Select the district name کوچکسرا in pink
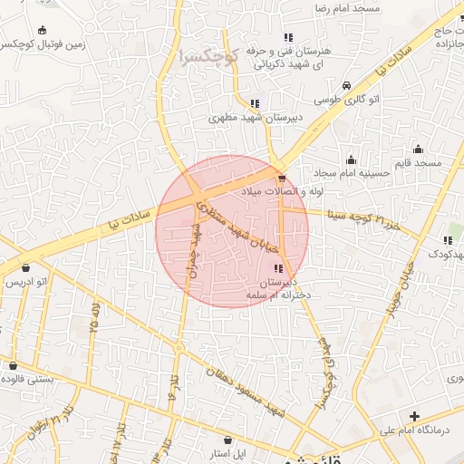(208, 54)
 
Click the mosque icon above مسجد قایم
(418, 150)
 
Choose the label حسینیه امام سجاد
(350, 171)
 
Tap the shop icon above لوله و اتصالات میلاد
(283, 179)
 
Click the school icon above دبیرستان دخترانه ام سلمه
(277, 268)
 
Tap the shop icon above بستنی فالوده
(13, 365)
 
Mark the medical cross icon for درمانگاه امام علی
(414, 417)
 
